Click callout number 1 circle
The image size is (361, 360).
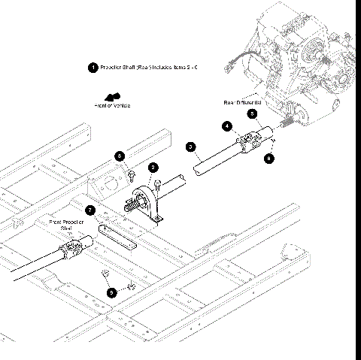[93, 68]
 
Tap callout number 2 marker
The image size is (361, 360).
[153, 167]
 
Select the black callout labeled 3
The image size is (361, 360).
[191, 147]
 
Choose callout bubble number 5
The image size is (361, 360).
[253, 113]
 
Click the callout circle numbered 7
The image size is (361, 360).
[89, 210]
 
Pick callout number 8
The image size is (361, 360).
[120, 156]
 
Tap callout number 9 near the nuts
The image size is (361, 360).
[112, 292]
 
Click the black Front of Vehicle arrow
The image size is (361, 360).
[114, 96]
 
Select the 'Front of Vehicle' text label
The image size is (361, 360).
[112, 106]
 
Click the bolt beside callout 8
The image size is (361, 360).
[131, 175]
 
